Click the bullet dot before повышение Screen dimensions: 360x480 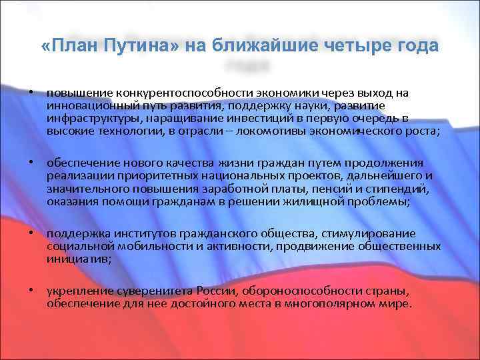32,93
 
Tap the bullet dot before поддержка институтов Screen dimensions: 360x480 32,233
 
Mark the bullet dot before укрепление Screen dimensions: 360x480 32,291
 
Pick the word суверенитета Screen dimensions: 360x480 146,291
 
